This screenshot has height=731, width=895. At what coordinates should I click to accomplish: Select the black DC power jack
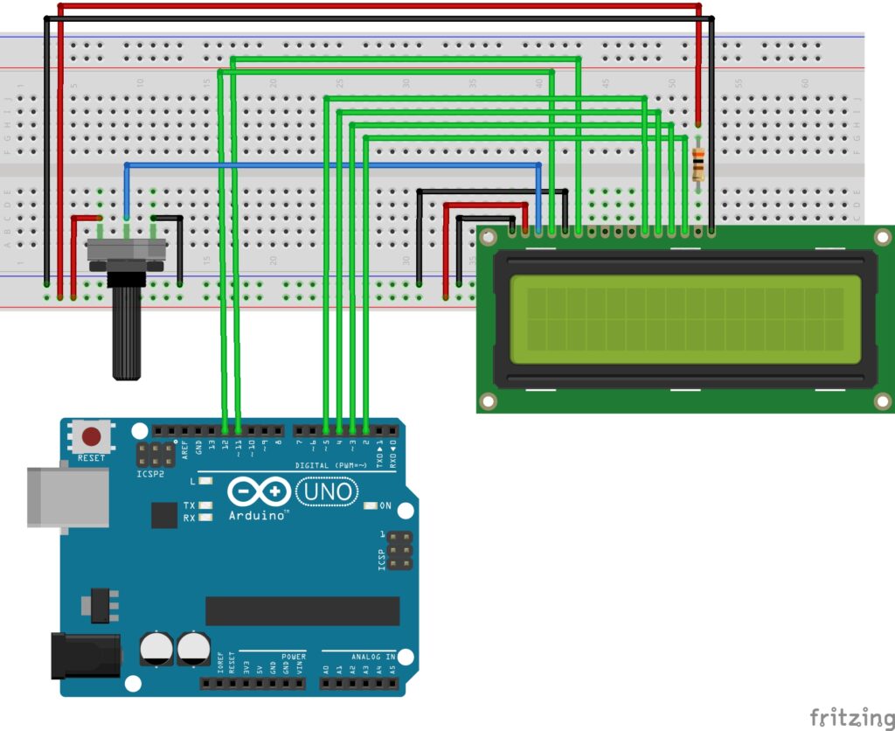(x=84, y=655)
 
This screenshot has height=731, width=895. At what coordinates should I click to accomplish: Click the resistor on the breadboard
(x=697, y=164)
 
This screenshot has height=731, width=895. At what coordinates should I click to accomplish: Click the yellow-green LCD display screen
(x=685, y=319)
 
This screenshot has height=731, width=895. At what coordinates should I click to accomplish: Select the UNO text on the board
(x=327, y=493)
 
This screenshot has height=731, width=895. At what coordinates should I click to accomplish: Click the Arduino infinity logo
(x=258, y=492)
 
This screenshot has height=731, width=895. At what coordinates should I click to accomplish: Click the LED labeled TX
(x=205, y=505)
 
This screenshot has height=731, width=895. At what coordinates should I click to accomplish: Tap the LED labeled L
(x=205, y=481)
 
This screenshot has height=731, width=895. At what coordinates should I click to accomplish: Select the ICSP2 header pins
(x=156, y=454)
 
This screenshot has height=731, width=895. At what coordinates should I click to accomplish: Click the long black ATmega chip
(x=302, y=611)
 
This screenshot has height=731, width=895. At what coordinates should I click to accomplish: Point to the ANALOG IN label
(x=373, y=656)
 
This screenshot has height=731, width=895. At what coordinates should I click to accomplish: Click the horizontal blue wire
(x=332, y=164)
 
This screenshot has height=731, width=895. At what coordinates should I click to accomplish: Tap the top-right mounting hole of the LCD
(x=883, y=237)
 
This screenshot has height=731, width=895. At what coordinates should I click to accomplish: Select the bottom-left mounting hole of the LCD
(x=488, y=401)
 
